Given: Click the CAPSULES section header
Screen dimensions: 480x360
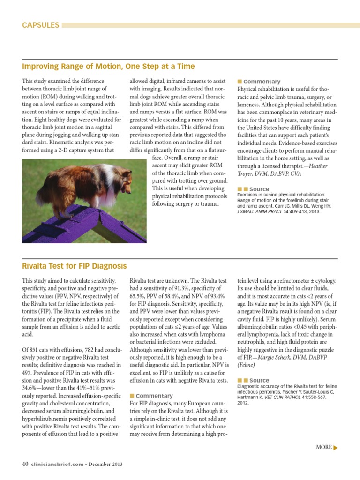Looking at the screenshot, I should coord(41,25).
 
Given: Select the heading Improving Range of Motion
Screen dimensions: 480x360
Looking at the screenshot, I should coord(108,67).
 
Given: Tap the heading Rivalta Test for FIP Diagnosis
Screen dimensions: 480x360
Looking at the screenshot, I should coord(75,266).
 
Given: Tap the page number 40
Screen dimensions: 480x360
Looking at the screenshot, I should coord(25,464).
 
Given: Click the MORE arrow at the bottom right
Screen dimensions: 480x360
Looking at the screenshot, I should coord(327,447).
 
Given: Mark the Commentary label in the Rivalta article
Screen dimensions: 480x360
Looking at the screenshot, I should coord(154,396).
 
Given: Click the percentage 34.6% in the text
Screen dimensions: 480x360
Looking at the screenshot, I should coord(31,389).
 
